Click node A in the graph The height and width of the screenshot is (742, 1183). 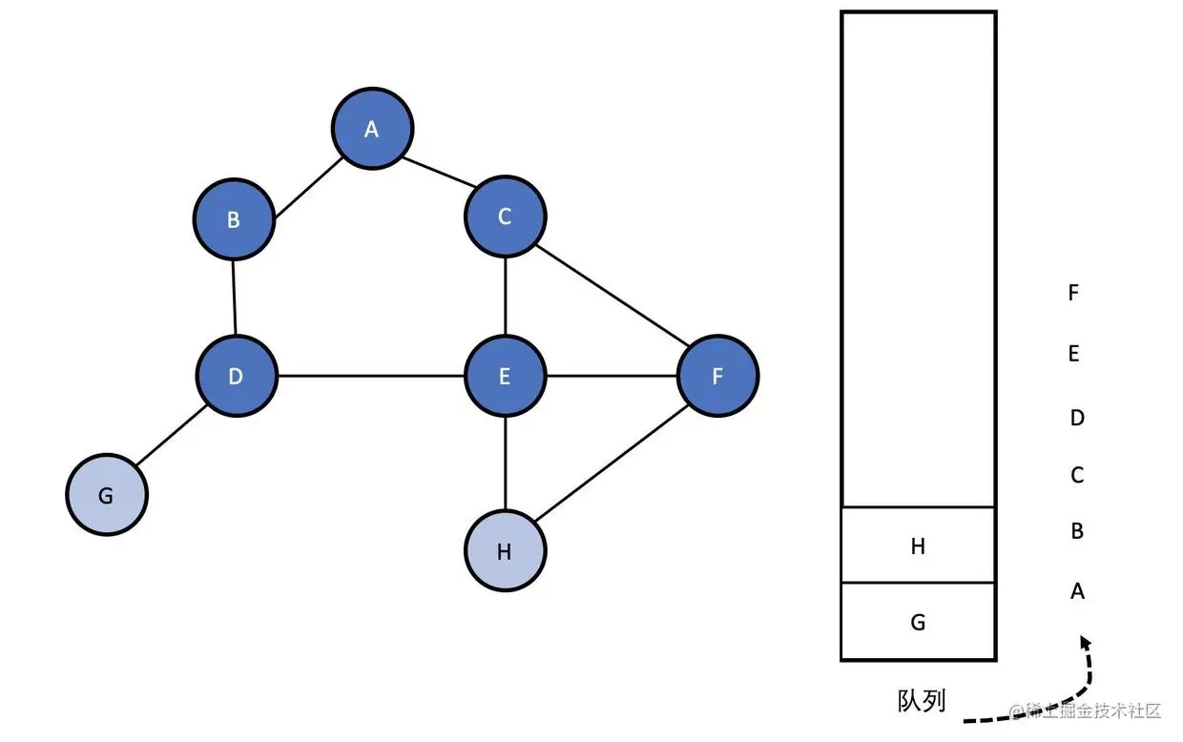coord(372,129)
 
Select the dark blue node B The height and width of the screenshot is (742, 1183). coord(234,220)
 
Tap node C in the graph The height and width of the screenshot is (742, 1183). coord(505,216)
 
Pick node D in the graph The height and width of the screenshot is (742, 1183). coord(236,376)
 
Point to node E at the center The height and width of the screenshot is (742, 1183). coord(505,376)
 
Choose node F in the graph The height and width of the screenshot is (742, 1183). coord(717,376)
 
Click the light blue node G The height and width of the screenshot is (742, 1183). coord(106,496)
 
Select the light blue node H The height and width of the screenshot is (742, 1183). coord(505,551)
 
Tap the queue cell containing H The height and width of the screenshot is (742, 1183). coord(918,546)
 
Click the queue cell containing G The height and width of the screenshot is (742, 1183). coord(918,622)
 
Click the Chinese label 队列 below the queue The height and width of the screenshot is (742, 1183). coord(922,701)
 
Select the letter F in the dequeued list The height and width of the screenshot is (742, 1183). coord(1073,293)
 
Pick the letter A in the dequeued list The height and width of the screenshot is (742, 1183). coord(1077,591)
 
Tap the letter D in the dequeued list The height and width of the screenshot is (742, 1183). coord(1077,418)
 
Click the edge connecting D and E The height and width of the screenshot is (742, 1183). coord(370,376)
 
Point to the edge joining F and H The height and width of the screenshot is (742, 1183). coord(611,464)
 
